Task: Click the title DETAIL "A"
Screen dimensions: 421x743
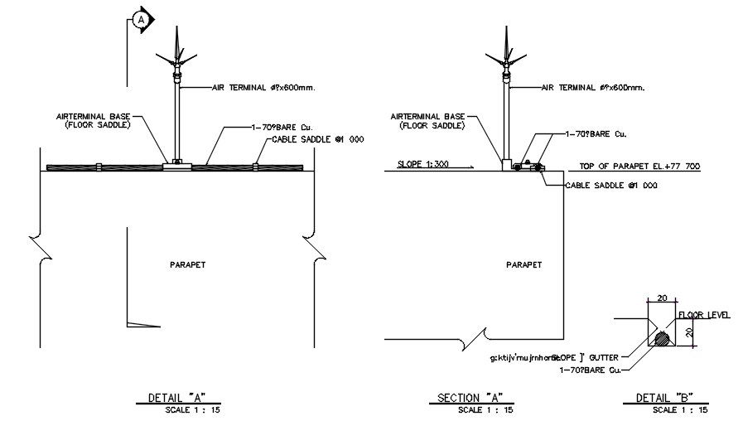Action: pos(176,398)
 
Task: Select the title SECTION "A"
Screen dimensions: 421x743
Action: pos(470,398)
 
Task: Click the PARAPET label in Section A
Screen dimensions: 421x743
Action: pos(523,264)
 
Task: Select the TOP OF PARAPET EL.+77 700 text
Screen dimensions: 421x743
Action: pos(639,167)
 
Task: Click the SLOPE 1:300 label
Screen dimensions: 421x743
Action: pos(422,164)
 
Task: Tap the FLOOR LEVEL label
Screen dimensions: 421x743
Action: pos(703,315)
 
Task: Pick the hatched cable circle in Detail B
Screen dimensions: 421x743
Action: pos(662,339)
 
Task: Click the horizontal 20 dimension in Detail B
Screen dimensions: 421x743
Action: pos(661,298)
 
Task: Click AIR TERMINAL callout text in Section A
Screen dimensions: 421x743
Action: pos(593,86)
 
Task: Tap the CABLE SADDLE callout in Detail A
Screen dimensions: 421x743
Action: pos(318,140)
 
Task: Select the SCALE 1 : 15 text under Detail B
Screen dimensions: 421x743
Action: pos(679,409)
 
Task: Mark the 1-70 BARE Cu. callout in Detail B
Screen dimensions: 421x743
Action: pos(591,370)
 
